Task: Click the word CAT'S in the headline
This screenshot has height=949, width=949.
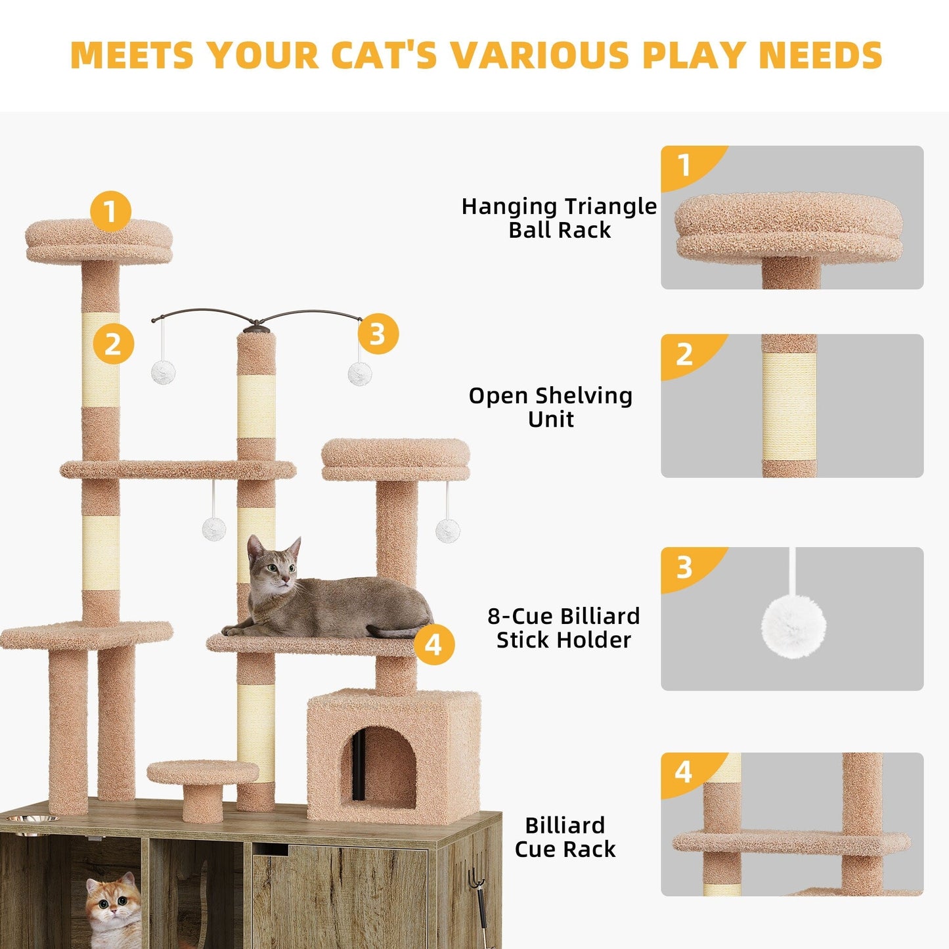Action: (x=384, y=55)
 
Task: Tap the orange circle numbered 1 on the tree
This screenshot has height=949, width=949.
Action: (x=110, y=211)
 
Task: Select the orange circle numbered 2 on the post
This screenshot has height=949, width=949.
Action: (x=113, y=344)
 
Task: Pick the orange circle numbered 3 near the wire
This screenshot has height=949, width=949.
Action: (x=378, y=334)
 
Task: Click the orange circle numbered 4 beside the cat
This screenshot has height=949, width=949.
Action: (x=434, y=644)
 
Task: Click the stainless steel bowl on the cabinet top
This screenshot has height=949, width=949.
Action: (x=30, y=820)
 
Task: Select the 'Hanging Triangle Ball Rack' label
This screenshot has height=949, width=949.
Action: (x=559, y=218)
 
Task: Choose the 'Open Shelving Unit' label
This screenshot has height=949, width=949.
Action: (x=550, y=407)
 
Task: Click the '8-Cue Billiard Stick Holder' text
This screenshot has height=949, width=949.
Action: (x=563, y=628)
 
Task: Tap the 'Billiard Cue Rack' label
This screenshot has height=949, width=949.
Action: (x=565, y=837)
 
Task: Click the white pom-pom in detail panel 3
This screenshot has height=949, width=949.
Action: (x=793, y=626)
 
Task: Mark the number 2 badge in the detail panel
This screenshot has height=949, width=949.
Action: (x=684, y=355)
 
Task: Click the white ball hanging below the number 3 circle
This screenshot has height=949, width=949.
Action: (x=360, y=374)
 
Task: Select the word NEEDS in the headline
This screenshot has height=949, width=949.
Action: (x=820, y=55)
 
